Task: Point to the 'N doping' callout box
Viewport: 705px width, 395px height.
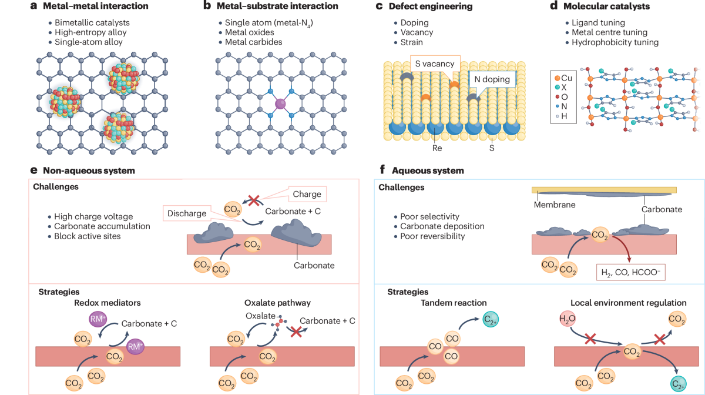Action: point(492,79)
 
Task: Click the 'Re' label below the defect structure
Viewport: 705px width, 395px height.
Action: point(437,148)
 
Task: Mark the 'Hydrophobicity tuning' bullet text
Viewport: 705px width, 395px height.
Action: point(613,42)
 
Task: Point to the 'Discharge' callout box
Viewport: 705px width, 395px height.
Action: point(187,213)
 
